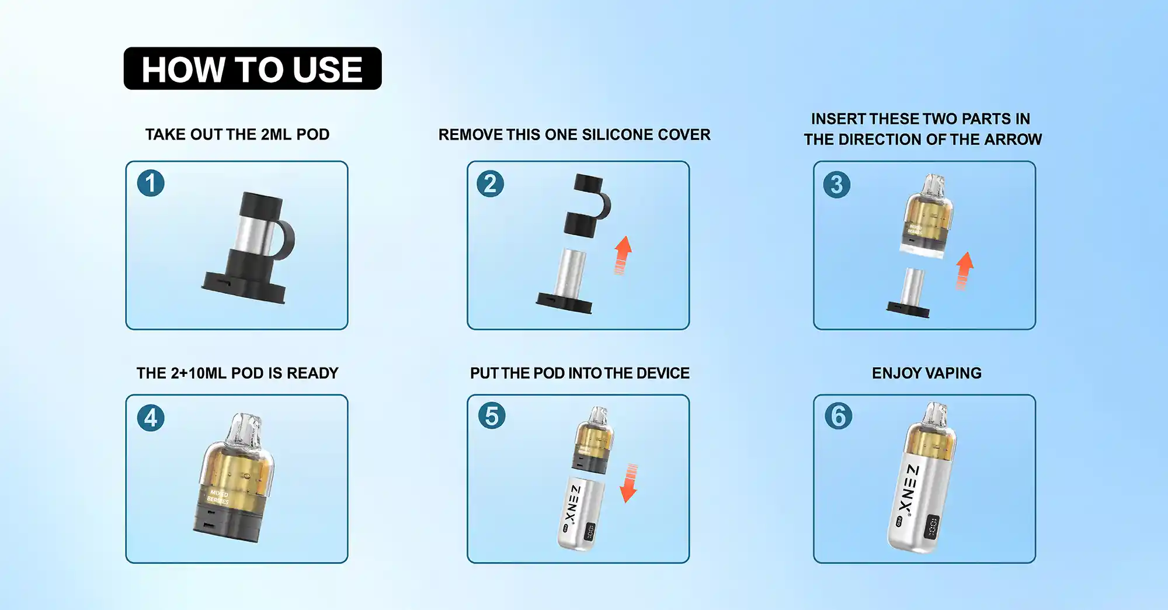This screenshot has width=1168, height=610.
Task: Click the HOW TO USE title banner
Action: [x=252, y=69]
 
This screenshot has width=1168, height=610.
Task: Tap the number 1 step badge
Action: [x=151, y=183]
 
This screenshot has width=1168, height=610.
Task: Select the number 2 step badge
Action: [x=491, y=183]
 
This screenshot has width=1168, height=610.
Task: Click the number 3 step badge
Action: [x=837, y=185]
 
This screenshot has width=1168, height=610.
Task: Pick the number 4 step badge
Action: [x=151, y=418]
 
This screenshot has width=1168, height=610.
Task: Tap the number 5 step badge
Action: [x=492, y=416]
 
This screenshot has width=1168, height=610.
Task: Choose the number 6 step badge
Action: [x=839, y=416]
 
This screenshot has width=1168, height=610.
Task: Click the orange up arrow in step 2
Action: [x=623, y=255]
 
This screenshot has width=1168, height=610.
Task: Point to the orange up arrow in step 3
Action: [x=964, y=270]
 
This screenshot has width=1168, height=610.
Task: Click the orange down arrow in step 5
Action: [x=629, y=484]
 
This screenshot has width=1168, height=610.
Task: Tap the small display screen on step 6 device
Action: [x=931, y=527]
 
